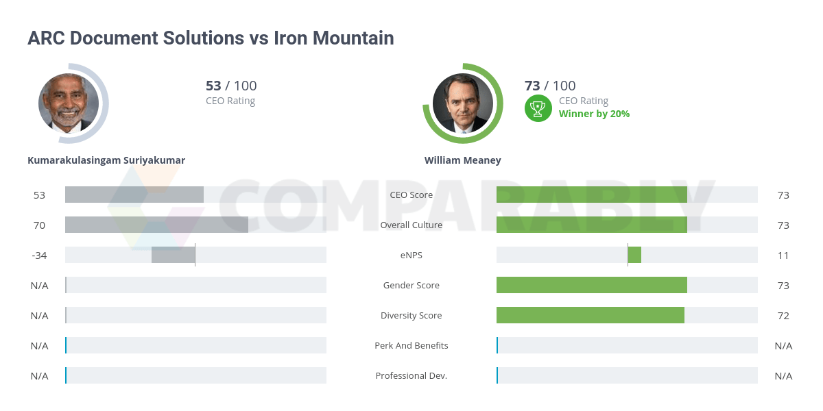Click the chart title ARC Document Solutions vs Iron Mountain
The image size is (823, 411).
pyautogui.click(x=211, y=38)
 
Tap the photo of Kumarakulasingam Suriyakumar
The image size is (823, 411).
pyautogui.click(x=69, y=103)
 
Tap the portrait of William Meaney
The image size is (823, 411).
pyautogui.click(x=463, y=103)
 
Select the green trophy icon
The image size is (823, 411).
pyautogui.click(x=538, y=108)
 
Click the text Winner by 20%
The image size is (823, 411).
pyautogui.click(x=594, y=114)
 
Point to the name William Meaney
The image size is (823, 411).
pyautogui.click(x=463, y=160)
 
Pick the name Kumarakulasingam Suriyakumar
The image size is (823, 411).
pyautogui.click(x=106, y=160)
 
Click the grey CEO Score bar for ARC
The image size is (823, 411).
pyautogui.click(x=134, y=195)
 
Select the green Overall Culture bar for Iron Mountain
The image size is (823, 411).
pyautogui.click(x=592, y=225)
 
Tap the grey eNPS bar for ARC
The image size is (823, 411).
pyautogui.click(x=173, y=255)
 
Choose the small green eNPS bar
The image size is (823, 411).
pyautogui.click(x=634, y=255)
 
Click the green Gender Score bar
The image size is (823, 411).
pyautogui.click(x=592, y=285)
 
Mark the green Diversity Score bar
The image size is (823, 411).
pyautogui.click(x=591, y=315)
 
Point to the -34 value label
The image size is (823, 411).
pyautogui.click(x=39, y=256)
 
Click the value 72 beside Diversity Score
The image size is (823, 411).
pyautogui.click(x=783, y=316)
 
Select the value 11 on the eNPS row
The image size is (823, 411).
pyautogui.click(x=783, y=256)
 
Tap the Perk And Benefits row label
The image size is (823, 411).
pyautogui.click(x=411, y=346)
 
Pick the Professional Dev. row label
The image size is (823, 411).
pyautogui.click(x=411, y=376)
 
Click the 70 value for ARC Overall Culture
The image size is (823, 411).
pyautogui.click(x=39, y=225)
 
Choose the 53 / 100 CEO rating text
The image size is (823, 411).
pyautogui.click(x=231, y=86)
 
